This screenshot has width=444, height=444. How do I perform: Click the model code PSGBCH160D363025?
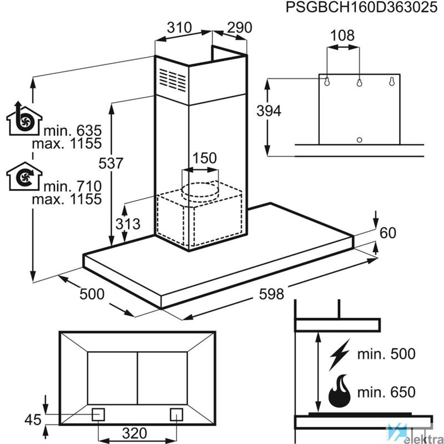pyautogui.click(x=362, y=7)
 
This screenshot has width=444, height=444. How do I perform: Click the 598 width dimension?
pyautogui.click(x=271, y=294)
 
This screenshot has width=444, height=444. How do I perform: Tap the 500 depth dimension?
pyautogui.click(x=92, y=294)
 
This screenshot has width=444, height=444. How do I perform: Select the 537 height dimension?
pyautogui.click(x=110, y=163)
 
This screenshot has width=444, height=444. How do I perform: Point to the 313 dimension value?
pyautogui.click(x=128, y=224)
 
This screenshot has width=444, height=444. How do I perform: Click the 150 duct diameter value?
pyautogui.click(x=204, y=158)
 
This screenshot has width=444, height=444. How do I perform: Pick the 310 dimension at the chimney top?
pyautogui.click(x=179, y=27)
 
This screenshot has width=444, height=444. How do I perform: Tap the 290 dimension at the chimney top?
pyautogui.click(x=240, y=27)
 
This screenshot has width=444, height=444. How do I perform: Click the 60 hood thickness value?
pyautogui.click(x=387, y=233)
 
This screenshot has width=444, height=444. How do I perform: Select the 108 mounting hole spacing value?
pyautogui.click(x=342, y=36)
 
